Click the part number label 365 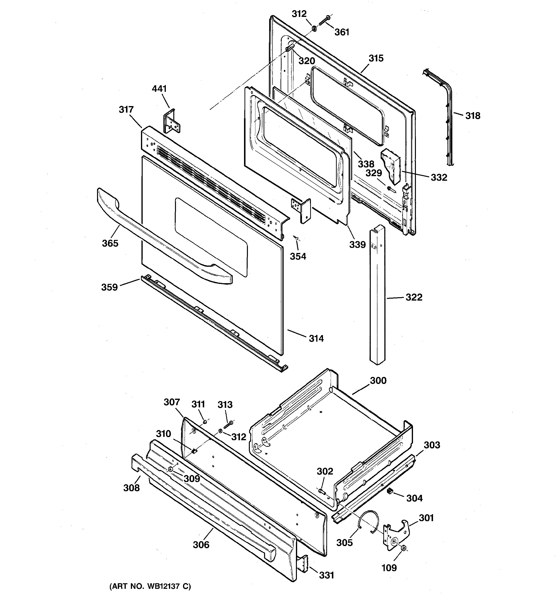tap(110, 243)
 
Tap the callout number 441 tap(159, 89)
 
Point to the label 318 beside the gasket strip tap(473, 115)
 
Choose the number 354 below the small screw tap(298, 256)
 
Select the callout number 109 tap(389, 568)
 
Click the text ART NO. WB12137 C tap(150, 586)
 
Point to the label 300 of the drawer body tap(378, 381)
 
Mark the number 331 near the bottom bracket tap(326, 575)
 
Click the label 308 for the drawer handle tap(131, 488)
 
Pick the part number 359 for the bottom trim tap(109, 287)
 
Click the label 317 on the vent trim tap(126, 109)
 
